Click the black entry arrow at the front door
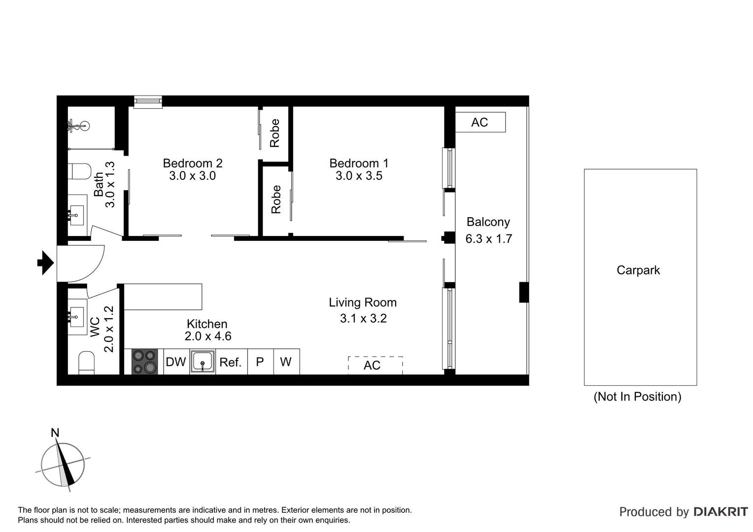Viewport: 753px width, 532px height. [45, 263]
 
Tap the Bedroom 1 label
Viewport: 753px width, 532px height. [359, 163]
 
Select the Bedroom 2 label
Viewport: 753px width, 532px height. [192, 163]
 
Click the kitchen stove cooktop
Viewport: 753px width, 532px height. [144, 362]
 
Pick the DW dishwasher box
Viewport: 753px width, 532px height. [176, 362]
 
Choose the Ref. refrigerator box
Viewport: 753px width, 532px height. [231, 363]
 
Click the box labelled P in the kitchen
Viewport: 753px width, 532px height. [260, 362]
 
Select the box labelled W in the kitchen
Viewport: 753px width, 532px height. [286, 362]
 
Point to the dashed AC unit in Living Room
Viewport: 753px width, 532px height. [375, 365]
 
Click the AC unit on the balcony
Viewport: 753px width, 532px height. [480, 122]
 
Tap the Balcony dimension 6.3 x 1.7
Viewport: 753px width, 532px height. [488, 239]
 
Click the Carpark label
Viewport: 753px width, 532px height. [638, 270]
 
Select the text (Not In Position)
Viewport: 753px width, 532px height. [637, 397]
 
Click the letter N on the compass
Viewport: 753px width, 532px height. [55, 433]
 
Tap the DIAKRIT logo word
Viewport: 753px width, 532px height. [720, 512]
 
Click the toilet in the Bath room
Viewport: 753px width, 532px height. [81, 171]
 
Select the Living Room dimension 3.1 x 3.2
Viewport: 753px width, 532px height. [363, 319]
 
